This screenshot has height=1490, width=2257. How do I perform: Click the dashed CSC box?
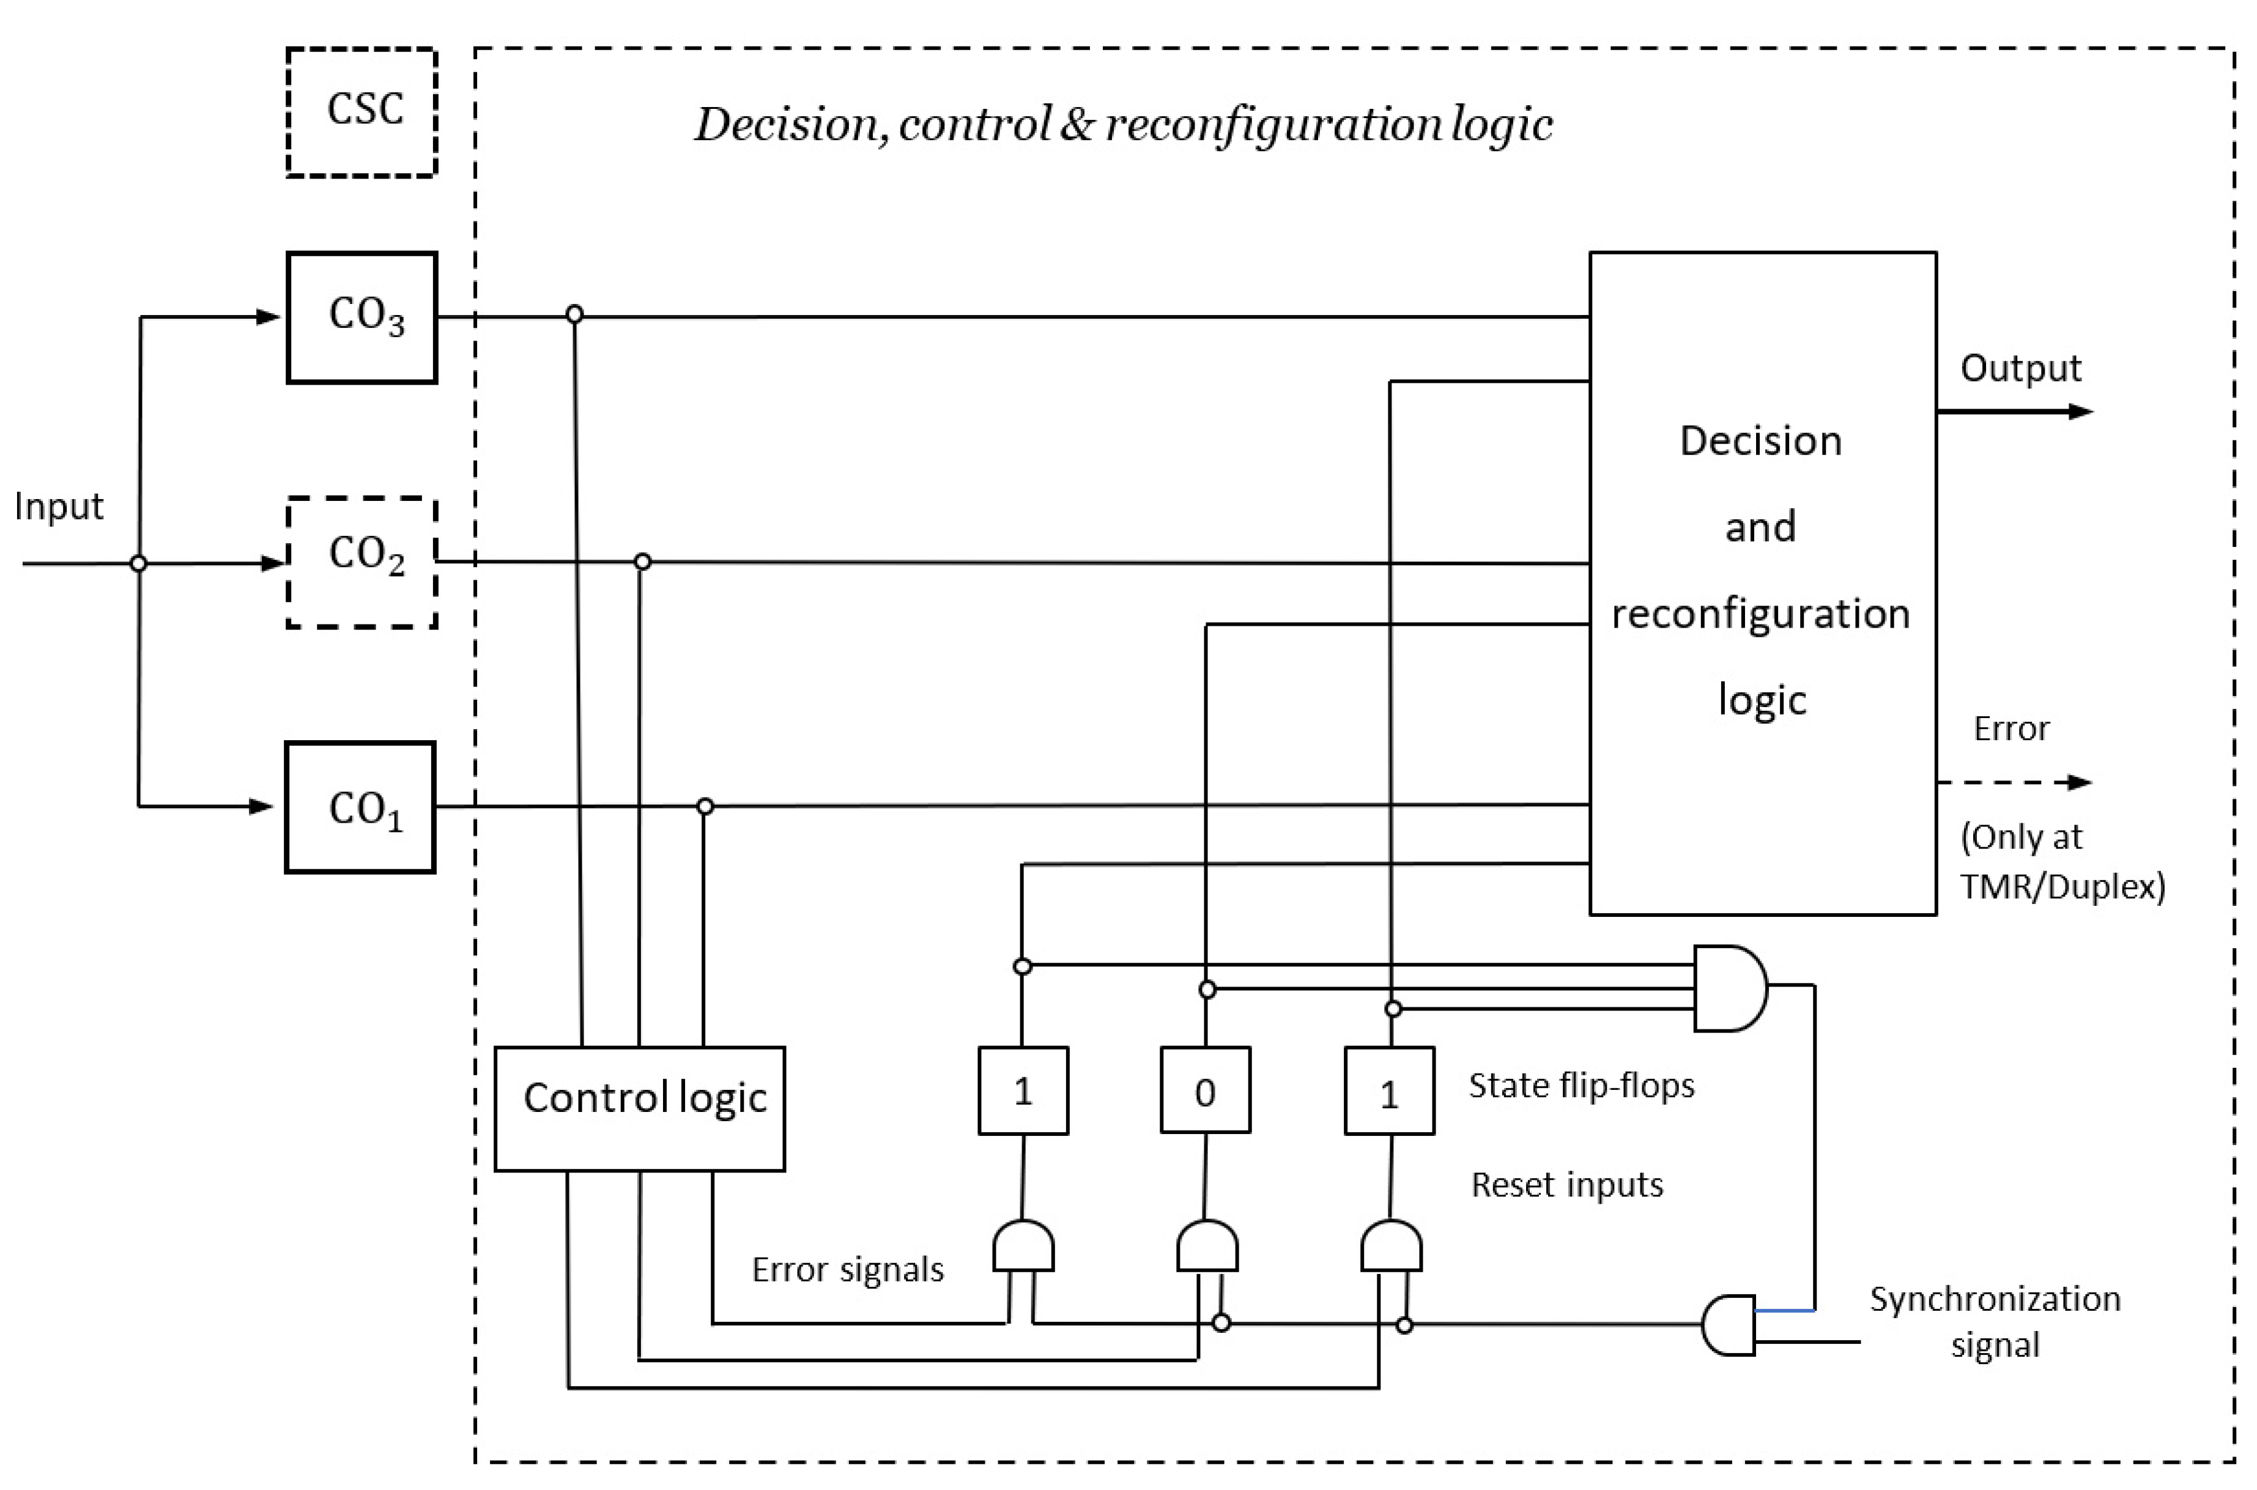361,112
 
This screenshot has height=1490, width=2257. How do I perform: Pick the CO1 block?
360,807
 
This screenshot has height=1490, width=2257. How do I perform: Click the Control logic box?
640,1108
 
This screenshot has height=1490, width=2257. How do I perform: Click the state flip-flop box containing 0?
1205,1090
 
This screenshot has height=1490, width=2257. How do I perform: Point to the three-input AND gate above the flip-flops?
1729,988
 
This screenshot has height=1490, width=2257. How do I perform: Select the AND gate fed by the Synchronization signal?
1729,1325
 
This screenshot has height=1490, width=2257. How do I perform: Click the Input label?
58,506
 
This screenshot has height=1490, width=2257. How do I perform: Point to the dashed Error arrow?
2015,782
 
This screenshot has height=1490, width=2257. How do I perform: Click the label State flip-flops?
1581,1085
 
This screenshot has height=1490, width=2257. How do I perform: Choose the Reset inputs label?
1566,1185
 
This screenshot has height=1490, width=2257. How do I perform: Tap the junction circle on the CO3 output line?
574,314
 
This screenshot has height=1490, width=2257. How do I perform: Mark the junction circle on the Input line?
139,563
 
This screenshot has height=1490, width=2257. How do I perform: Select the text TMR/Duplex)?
2062,886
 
